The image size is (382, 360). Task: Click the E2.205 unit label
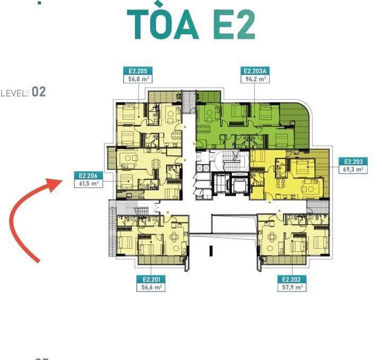(x=137, y=71)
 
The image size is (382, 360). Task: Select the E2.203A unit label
(x=255, y=71)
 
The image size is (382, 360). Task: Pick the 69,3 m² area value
(x=353, y=170)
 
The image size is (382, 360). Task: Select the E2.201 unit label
(x=151, y=279)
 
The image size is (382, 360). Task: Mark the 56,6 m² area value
(x=151, y=287)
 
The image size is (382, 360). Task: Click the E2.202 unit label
(x=292, y=279)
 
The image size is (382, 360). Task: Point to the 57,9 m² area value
(x=292, y=287)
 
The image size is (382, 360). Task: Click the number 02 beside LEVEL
(x=39, y=92)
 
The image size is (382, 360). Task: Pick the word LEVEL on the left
(x=15, y=93)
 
